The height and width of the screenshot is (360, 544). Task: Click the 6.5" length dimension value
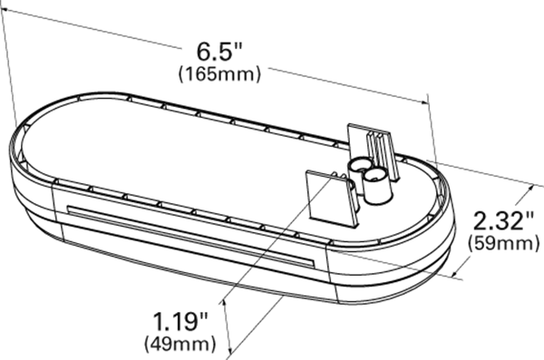(x=219, y=52)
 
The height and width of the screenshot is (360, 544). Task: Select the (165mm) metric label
(x=219, y=74)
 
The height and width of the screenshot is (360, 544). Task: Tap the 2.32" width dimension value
(x=503, y=221)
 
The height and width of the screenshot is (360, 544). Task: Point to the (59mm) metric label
(x=503, y=243)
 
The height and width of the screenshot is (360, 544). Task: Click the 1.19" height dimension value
(x=180, y=321)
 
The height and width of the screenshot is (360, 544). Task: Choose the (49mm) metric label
(x=180, y=344)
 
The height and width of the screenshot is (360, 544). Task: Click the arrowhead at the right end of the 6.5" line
(x=424, y=102)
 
